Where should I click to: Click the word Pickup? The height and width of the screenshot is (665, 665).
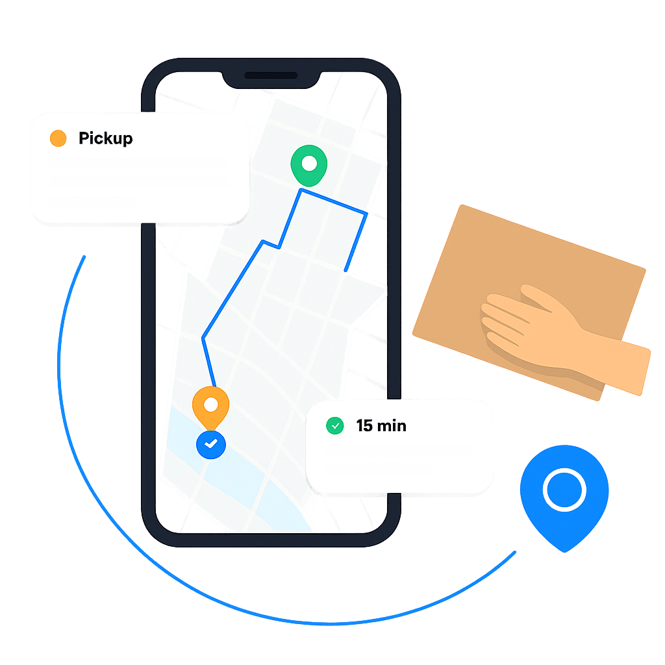click(x=105, y=138)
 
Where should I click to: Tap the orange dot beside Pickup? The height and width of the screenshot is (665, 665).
click(x=58, y=138)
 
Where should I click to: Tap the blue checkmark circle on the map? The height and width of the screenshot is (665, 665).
click(x=210, y=444)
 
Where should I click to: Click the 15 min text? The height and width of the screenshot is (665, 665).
click(x=381, y=427)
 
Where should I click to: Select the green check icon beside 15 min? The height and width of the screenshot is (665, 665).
click(x=334, y=426)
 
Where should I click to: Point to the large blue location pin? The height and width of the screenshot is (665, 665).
click(x=564, y=494)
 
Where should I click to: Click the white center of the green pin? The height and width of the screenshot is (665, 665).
click(x=309, y=162)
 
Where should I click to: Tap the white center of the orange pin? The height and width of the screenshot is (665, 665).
click(x=210, y=405)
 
